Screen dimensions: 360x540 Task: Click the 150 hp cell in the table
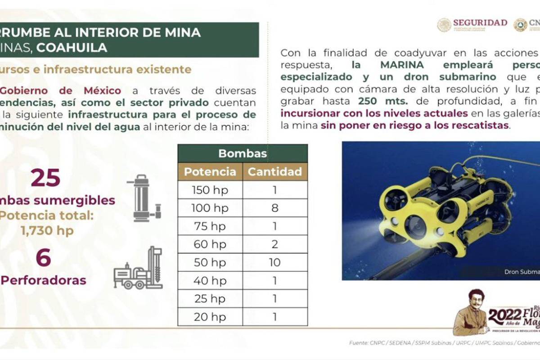210,190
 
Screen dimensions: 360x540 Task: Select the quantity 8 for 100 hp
275,208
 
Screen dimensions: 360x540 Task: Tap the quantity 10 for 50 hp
275,262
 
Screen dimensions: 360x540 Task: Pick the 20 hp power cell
210,317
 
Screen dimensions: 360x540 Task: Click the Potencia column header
210,171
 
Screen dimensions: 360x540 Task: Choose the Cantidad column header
275,171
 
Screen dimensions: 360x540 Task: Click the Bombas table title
243,153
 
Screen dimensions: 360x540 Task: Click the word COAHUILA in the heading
72,48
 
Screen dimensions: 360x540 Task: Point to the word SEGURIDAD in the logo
480,22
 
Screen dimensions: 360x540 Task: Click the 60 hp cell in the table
210,244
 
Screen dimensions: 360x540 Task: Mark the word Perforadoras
44,280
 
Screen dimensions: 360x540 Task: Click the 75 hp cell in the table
210,226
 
